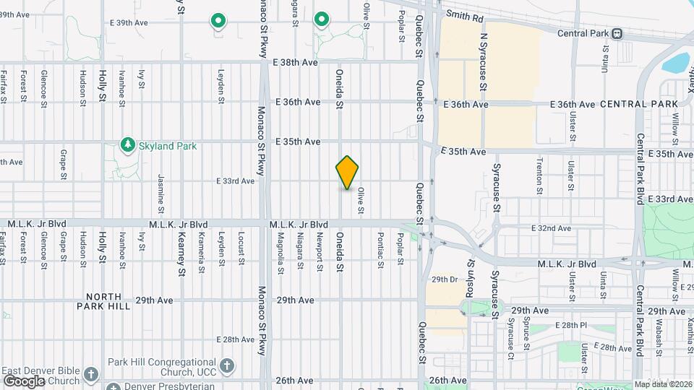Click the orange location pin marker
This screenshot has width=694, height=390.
pyautogui.click(x=347, y=172)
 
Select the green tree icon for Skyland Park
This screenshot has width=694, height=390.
pyautogui.click(x=128, y=145)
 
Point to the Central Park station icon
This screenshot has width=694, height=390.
pyautogui.click(x=617, y=33)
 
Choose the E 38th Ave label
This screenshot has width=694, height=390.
pyautogui.click(x=296, y=63)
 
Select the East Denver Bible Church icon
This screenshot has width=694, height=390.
pyautogui.click(x=90, y=375)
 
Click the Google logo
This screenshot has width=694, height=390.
pyautogui.click(x=24, y=381)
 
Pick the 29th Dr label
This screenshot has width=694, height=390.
pyautogui.click(x=445, y=279)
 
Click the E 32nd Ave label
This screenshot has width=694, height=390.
pyautogui.click(x=551, y=228)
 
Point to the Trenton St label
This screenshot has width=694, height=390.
pyautogui.click(x=539, y=176)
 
